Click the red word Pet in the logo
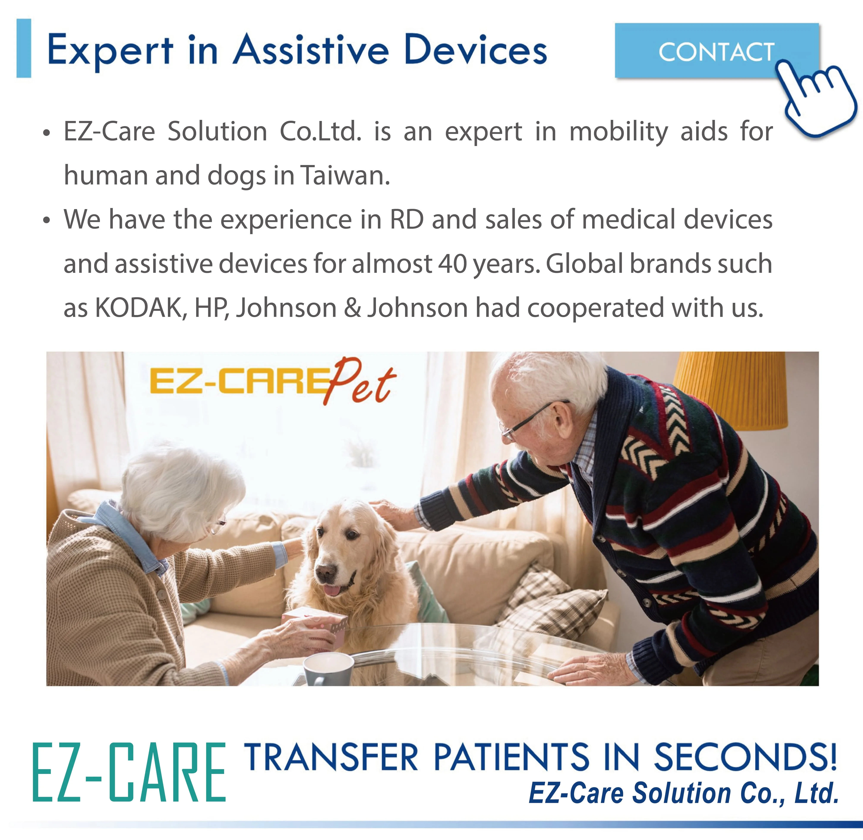click(359, 382)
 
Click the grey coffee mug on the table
click(328, 668)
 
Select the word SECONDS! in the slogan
click(745, 757)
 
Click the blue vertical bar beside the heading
click(24, 49)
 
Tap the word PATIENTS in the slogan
click(511, 757)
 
